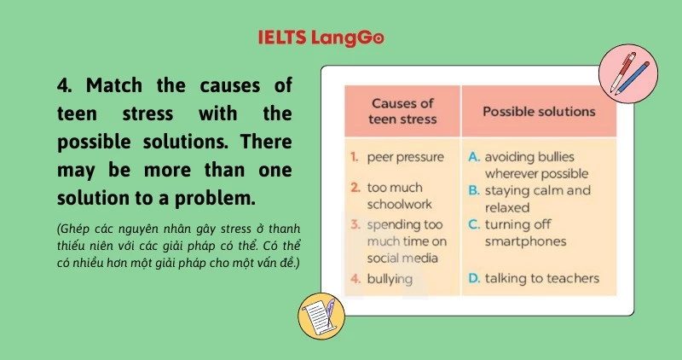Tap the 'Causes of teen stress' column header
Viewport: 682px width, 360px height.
click(x=402, y=111)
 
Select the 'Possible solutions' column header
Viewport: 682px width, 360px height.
click(x=539, y=112)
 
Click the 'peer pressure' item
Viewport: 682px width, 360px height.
click(x=405, y=158)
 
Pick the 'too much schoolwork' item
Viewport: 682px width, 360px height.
click(x=399, y=195)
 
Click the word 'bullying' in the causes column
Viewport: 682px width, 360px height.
click(x=390, y=278)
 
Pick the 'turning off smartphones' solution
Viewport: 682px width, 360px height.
click(x=525, y=233)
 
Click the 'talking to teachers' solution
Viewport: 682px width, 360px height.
click(x=542, y=278)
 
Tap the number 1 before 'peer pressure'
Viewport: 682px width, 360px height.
click(x=354, y=158)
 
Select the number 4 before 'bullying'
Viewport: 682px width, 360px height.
click(x=354, y=278)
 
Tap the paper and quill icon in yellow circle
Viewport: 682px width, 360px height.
click(x=321, y=316)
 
